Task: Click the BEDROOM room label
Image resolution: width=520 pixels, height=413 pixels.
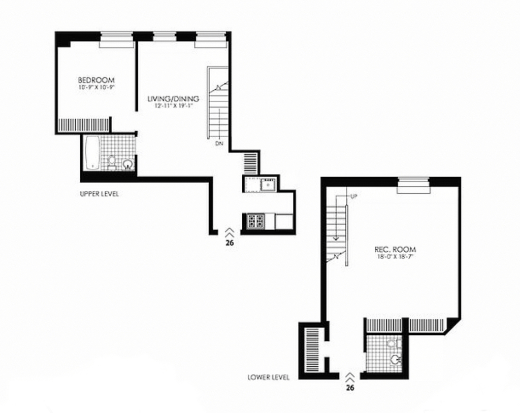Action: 96,80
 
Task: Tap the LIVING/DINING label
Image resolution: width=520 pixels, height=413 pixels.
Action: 173,99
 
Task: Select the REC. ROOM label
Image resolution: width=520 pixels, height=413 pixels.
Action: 395,250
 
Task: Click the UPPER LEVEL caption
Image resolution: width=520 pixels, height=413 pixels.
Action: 99,194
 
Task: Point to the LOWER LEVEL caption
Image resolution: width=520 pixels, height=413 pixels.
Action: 268,377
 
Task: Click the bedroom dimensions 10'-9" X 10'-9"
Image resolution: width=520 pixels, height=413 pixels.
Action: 96,87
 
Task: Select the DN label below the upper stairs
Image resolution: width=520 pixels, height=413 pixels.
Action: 219,144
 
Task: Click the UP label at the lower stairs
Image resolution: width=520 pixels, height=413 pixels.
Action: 354,196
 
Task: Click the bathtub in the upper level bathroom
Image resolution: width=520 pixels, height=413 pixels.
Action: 92,153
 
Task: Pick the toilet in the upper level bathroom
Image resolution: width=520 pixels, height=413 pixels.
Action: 112,162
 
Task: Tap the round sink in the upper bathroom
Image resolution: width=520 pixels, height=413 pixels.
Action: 128,164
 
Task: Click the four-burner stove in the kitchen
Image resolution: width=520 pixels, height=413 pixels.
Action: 255,221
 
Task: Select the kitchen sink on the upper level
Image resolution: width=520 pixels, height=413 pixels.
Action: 268,184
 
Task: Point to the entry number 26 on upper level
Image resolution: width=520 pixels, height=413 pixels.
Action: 230,243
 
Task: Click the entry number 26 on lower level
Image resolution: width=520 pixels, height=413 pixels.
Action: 350,388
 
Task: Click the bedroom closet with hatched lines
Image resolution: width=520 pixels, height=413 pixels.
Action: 84,124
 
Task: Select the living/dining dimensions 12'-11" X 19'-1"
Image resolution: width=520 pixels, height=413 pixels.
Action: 173,106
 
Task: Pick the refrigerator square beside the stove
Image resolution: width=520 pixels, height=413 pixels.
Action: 284,221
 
